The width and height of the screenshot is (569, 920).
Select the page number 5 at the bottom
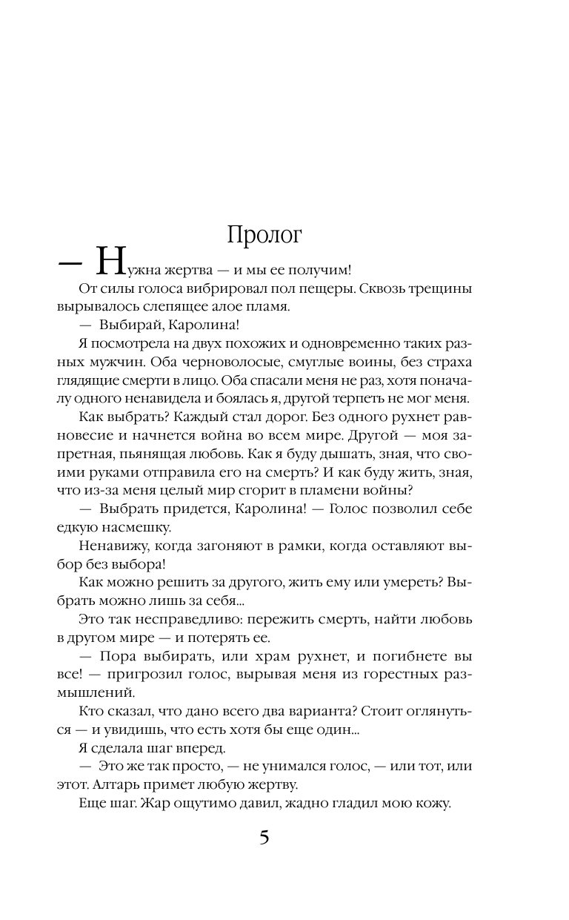[264, 839]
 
